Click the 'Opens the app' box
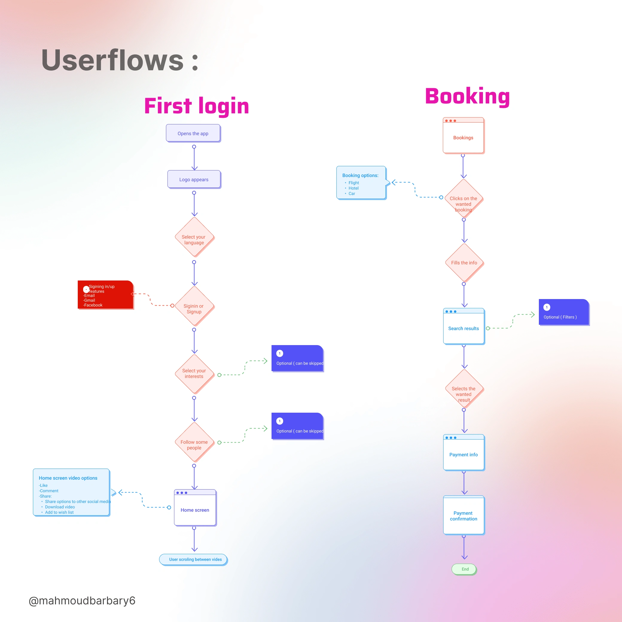click(x=193, y=133)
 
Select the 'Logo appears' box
click(x=194, y=179)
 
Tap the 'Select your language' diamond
click(x=194, y=240)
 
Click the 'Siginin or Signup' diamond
click(x=194, y=309)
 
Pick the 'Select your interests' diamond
click(x=194, y=373)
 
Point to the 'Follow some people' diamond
click(x=194, y=445)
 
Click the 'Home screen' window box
click(x=195, y=510)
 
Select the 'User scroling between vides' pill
click(x=195, y=559)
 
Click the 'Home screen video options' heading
click(x=68, y=478)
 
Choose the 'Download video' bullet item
click(x=60, y=507)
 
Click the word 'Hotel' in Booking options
click(x=353, y=188)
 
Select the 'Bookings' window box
click(x=463, y=138)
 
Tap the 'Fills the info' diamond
click(x=464, y=263)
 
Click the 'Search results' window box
click(x=464, y=328)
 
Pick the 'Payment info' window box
click(x=464, y=454)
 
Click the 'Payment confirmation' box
click(x=464, y=516)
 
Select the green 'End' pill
click(x=465, y=569)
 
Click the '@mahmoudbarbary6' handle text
click(x=82, y=601)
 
